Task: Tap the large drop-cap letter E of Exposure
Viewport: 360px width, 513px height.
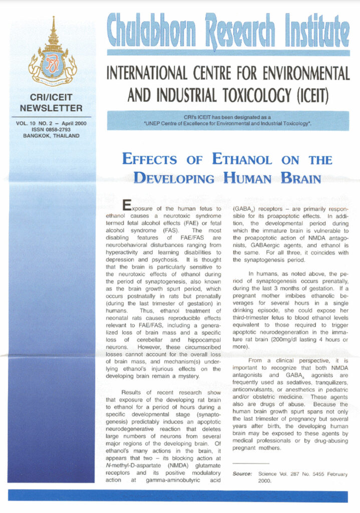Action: [x=127, y=206]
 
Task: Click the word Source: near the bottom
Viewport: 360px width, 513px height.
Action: [x=242, y=473]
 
